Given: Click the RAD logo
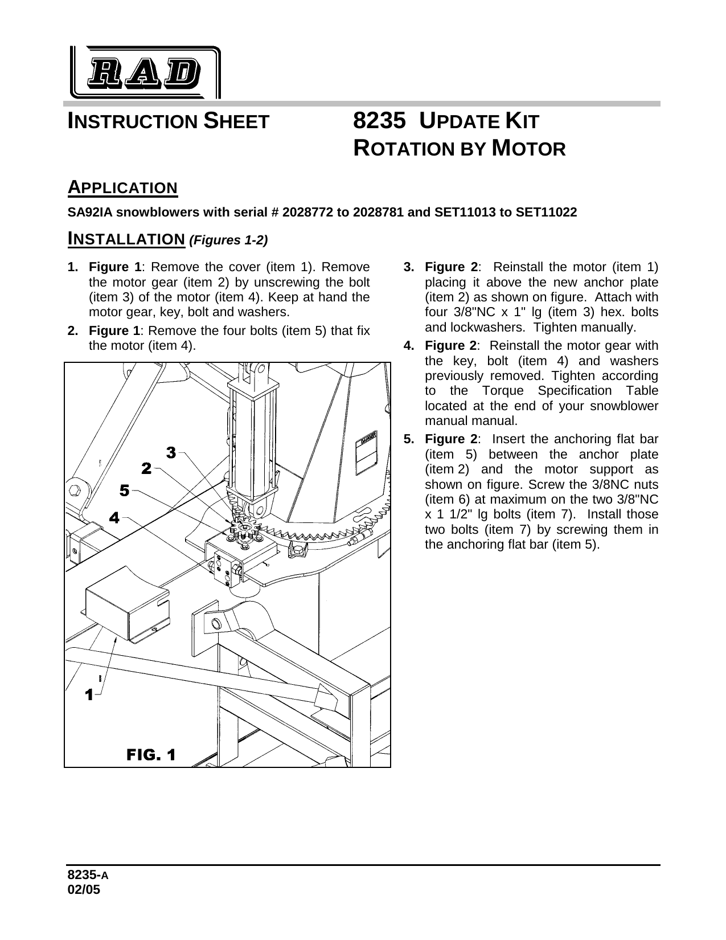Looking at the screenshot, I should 145,73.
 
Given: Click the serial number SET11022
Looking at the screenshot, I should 546,212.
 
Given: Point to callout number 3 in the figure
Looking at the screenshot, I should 170,452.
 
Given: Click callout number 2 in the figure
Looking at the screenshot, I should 146,469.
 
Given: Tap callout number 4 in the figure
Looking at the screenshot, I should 114,518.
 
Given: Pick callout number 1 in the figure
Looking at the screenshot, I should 89,694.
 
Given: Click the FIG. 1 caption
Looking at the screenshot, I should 150,755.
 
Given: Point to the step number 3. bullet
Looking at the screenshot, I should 408,267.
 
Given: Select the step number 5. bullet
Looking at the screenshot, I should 408,439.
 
